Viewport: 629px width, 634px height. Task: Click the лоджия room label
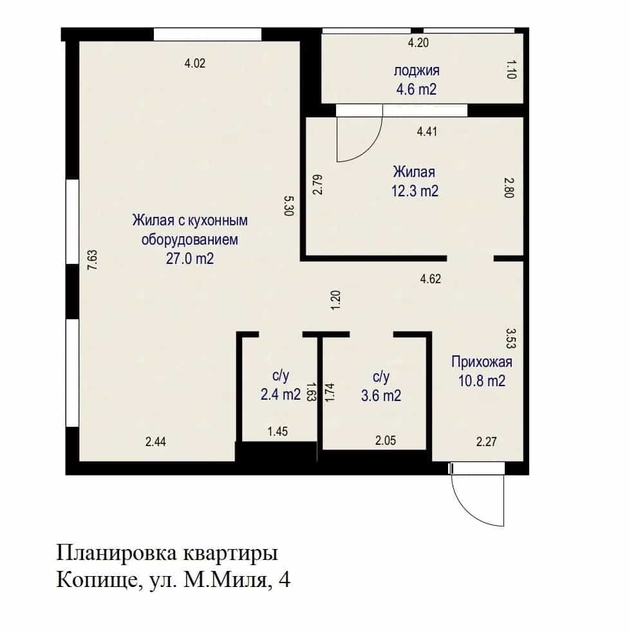pyautogui.click(x=417, y=71)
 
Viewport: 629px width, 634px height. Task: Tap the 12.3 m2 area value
pyautogui.click(x=415, y=191)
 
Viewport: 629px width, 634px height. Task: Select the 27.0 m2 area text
pyautogui.click(x=190, y=258)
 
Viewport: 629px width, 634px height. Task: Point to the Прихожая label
pyautogui.click(x=482, y=362)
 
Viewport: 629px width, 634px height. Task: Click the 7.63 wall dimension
pyautogui.click(x=93, y=260)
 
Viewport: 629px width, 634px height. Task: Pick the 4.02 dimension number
pyautogui.click(x=195, y=63)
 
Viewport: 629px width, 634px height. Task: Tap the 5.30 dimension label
pyautogui.click(x=289, y=206)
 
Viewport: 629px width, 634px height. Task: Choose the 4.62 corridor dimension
pyautogui.click(x=431, y=279)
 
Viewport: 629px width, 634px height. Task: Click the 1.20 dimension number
pyautogui.click(x=335, y=300)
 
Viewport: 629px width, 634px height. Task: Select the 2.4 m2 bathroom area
pyautogui.click(x=281, y=394)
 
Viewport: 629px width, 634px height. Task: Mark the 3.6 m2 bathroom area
pyautogui.click(x=381, y=395)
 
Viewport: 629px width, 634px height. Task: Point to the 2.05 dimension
pyautogui.click(x=386, y=440)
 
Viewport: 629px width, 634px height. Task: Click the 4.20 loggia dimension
pyautogui.click(x=418, y=42)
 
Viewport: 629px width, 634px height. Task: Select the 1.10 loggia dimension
pyautogui.click(x=512, y=70)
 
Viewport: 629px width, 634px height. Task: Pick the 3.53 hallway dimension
pyautogui.click(x=511, y=338)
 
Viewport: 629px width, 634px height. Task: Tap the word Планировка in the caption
pyautogui.click(x=117, y=553)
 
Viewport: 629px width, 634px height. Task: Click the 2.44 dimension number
pyautogui.click(x=156, y=442)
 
